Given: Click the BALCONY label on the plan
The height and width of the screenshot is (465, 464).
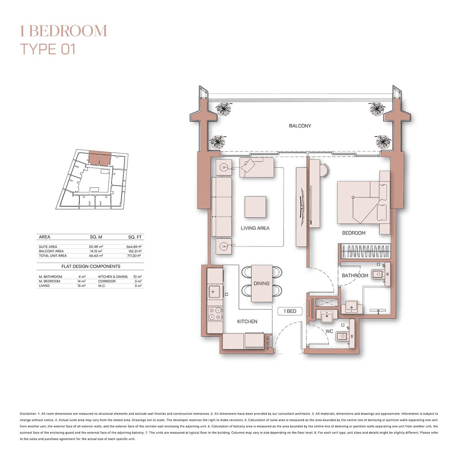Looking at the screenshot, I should (300, 126).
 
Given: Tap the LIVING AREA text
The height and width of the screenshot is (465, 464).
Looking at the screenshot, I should (255, 228).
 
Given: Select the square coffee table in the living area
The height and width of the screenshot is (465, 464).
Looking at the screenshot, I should (255, 207).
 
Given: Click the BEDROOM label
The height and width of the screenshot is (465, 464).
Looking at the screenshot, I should (353, 233).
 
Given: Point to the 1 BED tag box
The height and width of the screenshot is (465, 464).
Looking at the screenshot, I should (290, 311).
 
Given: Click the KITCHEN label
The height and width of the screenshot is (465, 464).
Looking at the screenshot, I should (247, 322).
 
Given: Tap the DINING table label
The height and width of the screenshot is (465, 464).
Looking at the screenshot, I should (261, 283).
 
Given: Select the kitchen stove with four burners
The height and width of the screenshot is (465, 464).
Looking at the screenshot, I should (214, 314).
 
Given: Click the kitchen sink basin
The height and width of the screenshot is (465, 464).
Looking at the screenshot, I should (213, 292).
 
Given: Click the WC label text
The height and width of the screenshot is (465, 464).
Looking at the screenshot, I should (329, 331).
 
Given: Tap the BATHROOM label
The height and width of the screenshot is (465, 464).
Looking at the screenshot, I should (355, 276).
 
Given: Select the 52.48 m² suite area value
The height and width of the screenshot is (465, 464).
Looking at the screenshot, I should (96, 247).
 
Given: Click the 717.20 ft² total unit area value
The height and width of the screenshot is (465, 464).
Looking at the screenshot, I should (134, 256).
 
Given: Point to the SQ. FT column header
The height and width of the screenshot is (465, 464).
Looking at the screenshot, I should (135, 237).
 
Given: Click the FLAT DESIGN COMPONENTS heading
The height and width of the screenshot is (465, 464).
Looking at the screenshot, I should (91, 266).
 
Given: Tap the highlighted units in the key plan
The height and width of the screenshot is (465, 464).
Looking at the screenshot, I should (100, 158).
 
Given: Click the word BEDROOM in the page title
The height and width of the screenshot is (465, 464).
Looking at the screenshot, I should (68, 31).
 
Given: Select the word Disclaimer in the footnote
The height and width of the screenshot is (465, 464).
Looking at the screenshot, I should (28, 414).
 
